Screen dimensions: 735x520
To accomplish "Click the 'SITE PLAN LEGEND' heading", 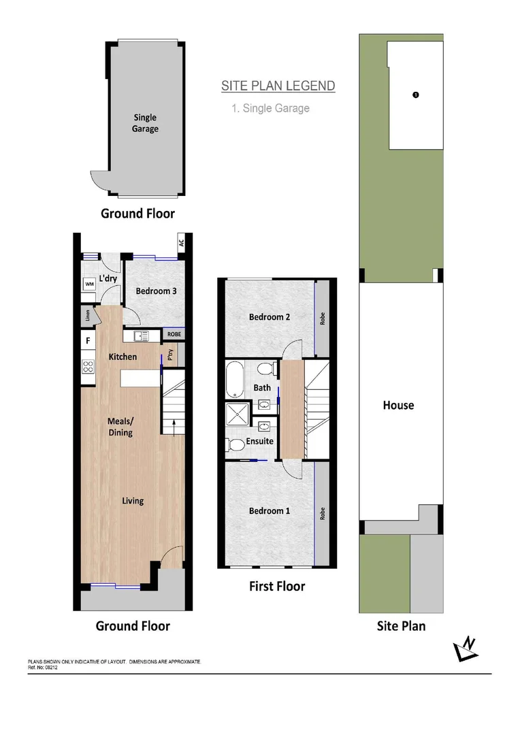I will click(278, 86).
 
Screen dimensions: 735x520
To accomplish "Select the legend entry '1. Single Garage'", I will click(271, 108).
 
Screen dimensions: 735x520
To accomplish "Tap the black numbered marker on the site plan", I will click(416, 95).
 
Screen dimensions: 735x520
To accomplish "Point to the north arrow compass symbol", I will click(466, 651).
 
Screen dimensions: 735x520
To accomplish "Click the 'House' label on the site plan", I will click(398, 405).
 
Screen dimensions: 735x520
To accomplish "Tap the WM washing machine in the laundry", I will click(89, 284).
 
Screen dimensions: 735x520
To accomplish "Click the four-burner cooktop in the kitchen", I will click(88, 366).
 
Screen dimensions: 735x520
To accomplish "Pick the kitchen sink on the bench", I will click(141, 336).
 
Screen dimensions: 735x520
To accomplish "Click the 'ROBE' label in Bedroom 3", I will click(174, 335).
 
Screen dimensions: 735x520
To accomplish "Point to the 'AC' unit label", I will click(181, 242).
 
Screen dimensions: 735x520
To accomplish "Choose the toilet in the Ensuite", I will click(235, 445).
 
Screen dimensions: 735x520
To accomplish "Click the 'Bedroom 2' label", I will click(270, 317).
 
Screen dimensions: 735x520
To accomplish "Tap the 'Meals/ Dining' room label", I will click(120, 427).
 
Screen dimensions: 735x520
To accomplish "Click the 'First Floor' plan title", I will click(276, 586).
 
